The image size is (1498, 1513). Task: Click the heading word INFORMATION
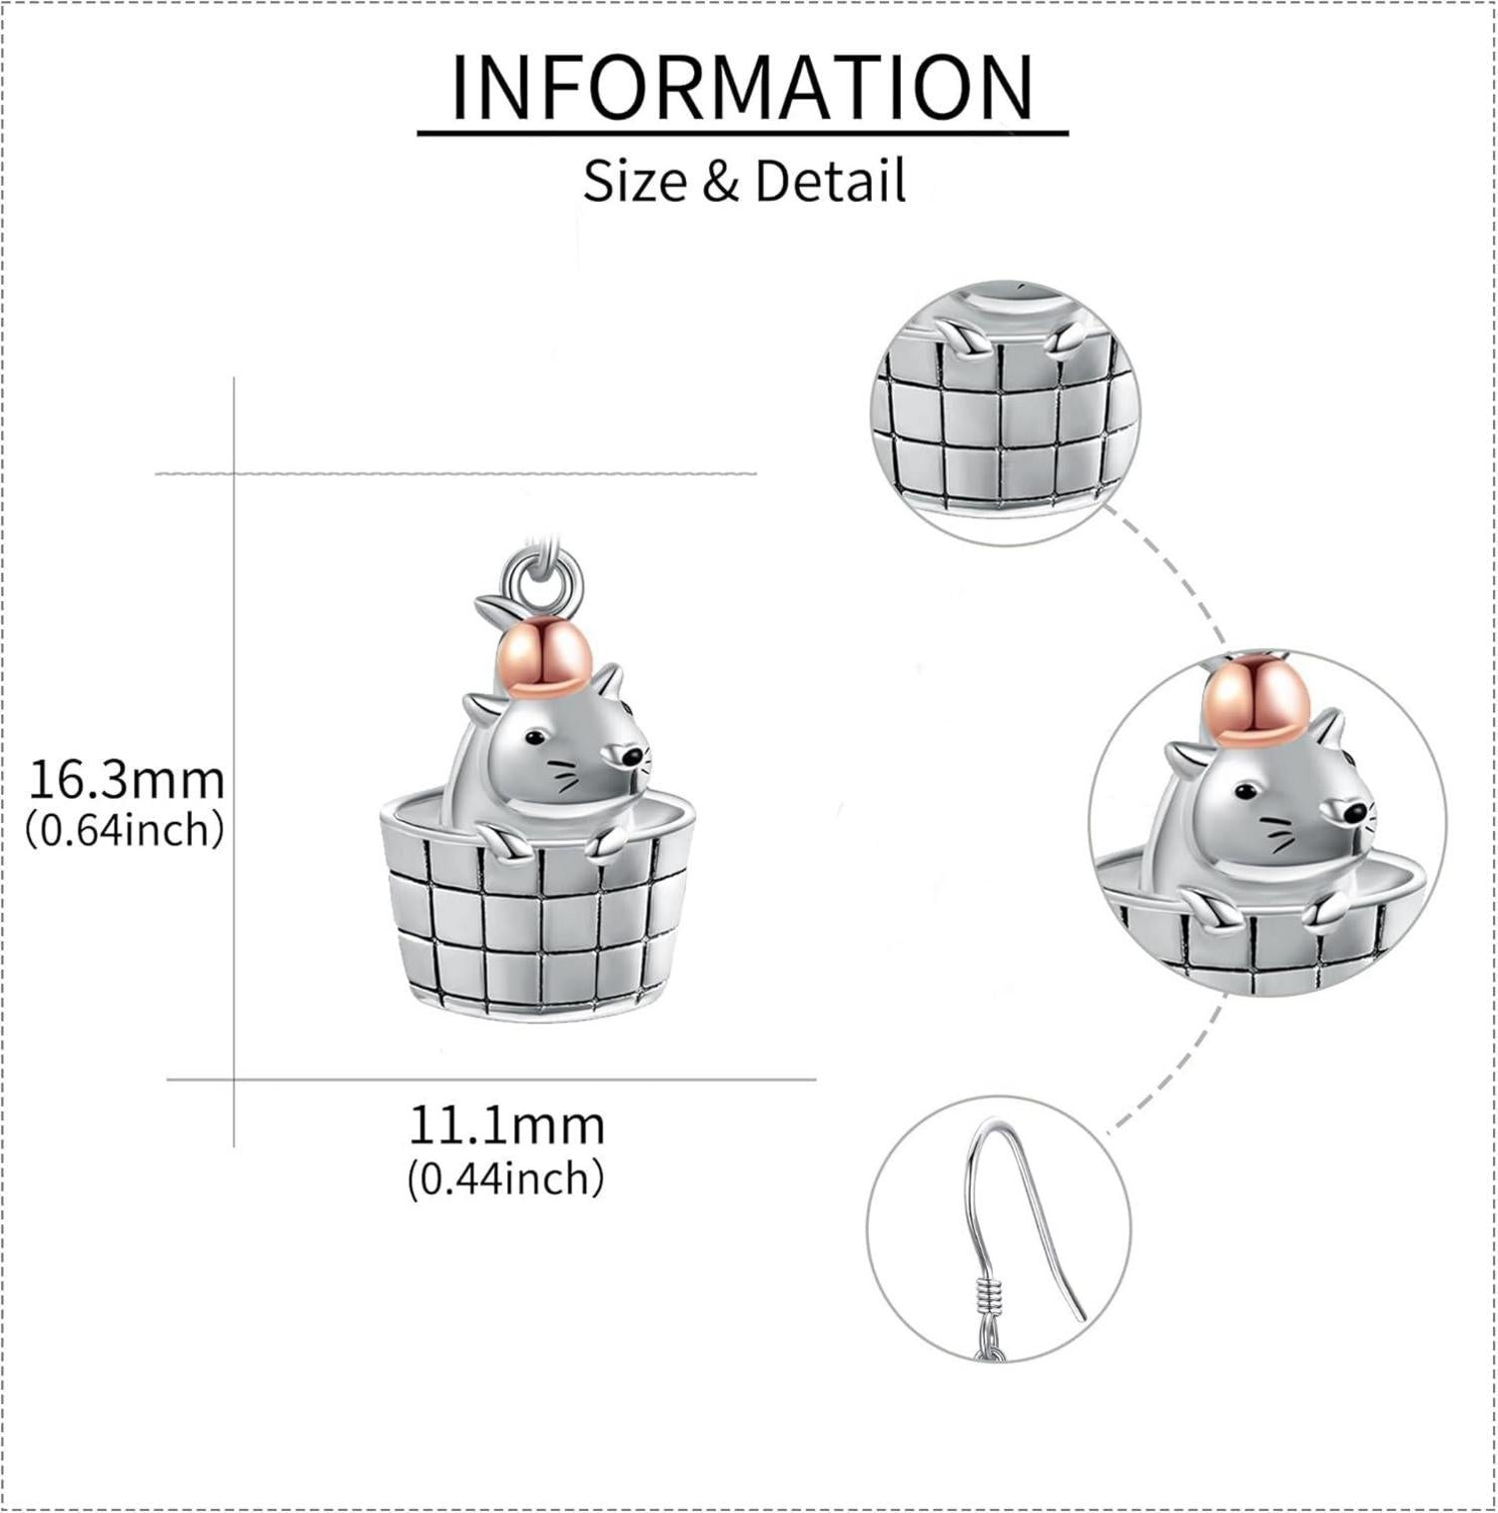point(743,87)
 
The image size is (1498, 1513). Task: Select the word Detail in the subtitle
point(831,181)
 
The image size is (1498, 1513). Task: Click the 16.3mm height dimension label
point(127,779)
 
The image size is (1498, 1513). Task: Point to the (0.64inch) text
point(124,829)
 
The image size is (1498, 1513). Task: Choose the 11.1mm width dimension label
point(506,1126)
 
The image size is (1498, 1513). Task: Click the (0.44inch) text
point(505,1178)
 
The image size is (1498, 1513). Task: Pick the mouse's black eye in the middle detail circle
point(1244,792)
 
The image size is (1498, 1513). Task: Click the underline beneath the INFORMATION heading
point(743,131)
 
